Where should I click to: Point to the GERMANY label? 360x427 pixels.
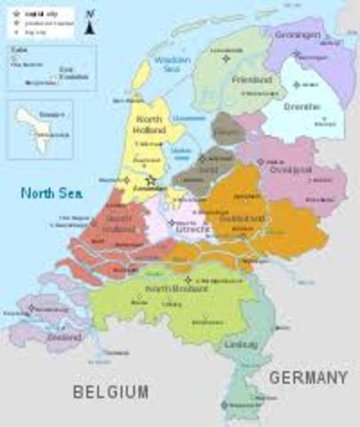[x=308, y=378]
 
